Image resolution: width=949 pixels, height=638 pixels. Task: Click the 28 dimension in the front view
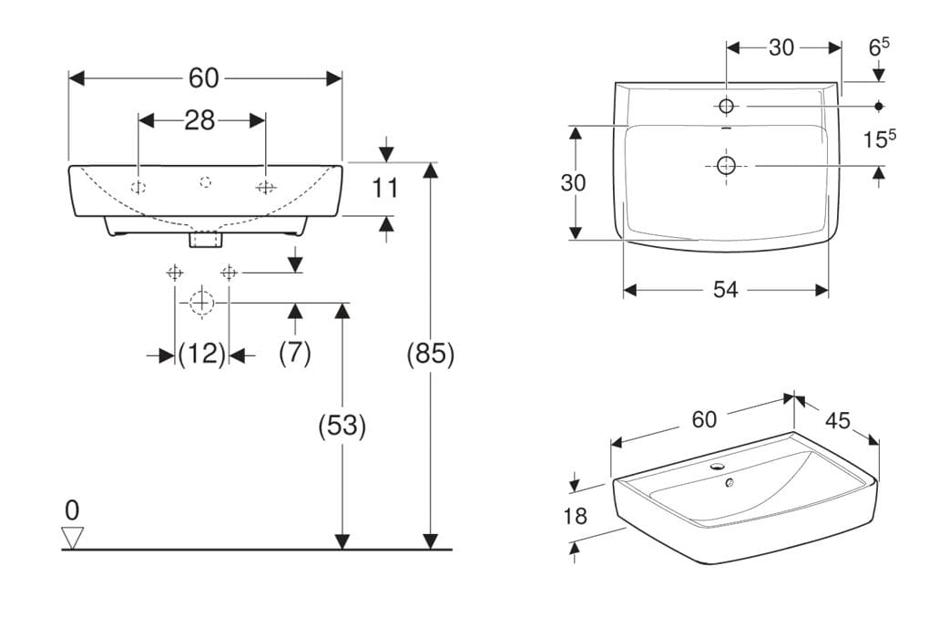[199, 120]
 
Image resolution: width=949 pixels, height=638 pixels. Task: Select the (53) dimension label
[342, 426]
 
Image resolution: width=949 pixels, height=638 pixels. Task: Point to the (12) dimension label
[201, 354]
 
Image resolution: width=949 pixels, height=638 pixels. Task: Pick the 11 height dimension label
[385, 189]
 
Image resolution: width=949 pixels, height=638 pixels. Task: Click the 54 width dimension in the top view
[726, 290]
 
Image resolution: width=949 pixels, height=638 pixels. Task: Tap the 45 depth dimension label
[838, 420]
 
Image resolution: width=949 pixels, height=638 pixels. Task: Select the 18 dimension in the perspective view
[575, 516]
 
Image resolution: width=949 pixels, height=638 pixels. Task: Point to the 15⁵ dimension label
[880, 140]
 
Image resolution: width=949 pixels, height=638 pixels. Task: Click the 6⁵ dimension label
[880, 46]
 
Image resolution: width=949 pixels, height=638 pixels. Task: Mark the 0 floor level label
[72, 510]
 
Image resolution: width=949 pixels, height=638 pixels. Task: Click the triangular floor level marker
[73, 538]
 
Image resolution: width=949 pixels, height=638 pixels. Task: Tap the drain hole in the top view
[726, 165]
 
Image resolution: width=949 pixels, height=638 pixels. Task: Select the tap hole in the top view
[726, 107]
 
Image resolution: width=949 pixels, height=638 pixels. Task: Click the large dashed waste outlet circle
[201, 302]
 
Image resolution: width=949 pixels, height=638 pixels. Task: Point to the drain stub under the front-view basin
[206, 240]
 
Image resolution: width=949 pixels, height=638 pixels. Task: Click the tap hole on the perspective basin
[719, 467]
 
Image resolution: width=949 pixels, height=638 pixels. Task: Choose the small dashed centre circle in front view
[206, 181]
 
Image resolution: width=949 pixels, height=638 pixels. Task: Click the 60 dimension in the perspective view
[704, 418]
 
